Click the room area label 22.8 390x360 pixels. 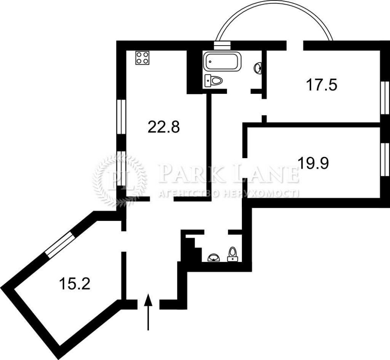coord(163,127)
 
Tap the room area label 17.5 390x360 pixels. coord(321,85)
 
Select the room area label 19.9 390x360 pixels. coord(313,162)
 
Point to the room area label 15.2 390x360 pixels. coord(74,284)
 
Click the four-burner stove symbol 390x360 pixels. coord(142,58)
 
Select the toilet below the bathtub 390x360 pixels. coord(213,81)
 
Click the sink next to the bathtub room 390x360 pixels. coord(258,69)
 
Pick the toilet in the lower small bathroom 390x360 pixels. coord(233,254)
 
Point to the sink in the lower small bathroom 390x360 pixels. coord(213,258)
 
